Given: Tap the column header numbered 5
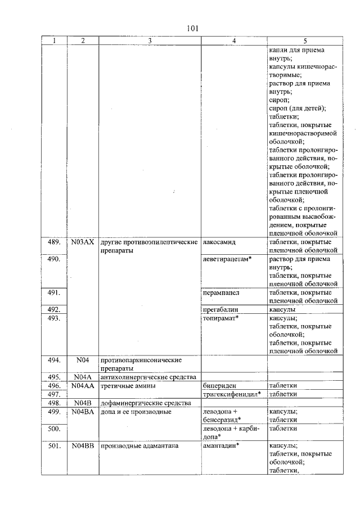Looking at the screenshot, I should coord(305,41).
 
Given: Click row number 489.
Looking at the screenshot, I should coord(53,242).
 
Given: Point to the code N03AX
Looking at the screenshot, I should coord(82,242).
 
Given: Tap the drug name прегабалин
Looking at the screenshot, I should coord(220,309).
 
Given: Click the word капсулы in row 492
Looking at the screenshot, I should coord(283,309).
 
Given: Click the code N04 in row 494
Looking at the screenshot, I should coord(82,360).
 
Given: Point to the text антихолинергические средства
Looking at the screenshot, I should coord(147,377).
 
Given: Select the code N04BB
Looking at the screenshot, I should coord(82,445).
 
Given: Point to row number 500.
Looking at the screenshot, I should coord(53,428).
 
